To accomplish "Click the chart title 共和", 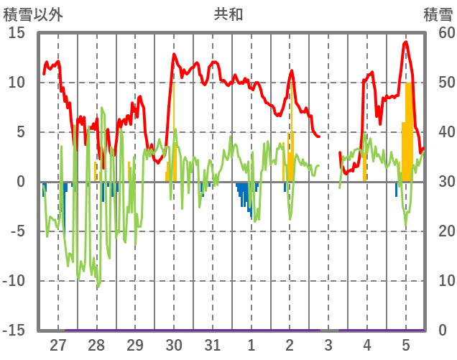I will (x=228, y=14).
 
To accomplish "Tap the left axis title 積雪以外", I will (x=33, y=14).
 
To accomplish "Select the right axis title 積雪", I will (x=438, y=14).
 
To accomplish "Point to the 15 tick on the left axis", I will (x=17, y=33).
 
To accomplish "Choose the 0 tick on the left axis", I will (x=21, y=182).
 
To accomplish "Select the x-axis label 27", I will (x=58, y=345).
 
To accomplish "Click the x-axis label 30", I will (x=174, y=345).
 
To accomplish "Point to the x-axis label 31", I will (x=213, y=345).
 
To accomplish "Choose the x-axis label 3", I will (x=328, y=345).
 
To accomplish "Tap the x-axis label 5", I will (x=406, y=345).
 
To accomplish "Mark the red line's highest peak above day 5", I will (x=406, y=42).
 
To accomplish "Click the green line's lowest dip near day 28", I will (x=98, y=287).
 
